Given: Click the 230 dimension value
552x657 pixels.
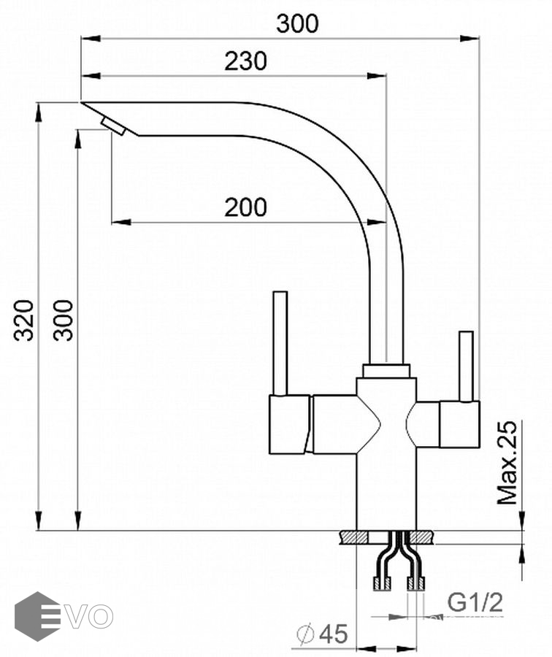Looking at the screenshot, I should [245, 61].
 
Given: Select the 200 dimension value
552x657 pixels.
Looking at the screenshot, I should [245, 208].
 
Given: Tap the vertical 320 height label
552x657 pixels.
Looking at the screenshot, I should [25, 320].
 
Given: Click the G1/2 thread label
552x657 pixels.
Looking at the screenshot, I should [475, 603].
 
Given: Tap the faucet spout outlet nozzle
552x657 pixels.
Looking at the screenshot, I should [114, 126].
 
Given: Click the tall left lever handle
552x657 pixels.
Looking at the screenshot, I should [280, 343].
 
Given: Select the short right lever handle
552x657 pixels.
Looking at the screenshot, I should [465, 366].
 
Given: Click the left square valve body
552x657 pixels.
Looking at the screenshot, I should [290, 424].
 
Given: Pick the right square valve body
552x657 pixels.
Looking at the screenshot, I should [459, 423].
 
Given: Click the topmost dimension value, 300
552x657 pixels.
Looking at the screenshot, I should [298, 24].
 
